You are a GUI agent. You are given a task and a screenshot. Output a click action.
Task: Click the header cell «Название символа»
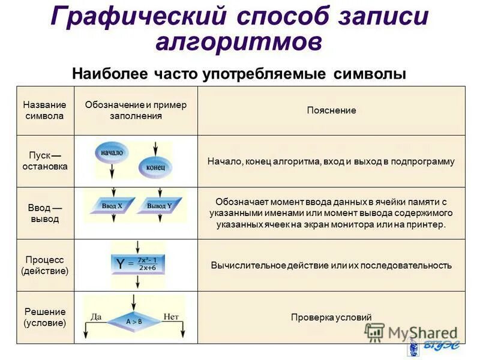[x=45, y=110]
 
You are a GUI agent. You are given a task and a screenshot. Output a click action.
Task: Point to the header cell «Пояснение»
[x=331, y=110]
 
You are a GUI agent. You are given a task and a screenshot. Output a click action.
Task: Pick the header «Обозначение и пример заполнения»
[x=136, y=110]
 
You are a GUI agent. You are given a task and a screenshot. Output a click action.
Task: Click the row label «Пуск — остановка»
[x=45, y=161]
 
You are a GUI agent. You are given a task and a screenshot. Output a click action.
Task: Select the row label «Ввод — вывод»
[x=45, y=213]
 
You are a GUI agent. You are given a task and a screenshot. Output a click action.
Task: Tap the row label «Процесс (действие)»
[x=45, y=265]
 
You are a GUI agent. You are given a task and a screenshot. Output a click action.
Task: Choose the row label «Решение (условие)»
[x=45, y=317]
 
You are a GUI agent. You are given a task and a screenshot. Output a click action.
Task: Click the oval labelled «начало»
[x=112, y=153]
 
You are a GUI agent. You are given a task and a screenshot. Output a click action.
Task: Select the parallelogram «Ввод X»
[x=112, y=206]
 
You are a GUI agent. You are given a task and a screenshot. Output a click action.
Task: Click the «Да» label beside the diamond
[x=96, y=316]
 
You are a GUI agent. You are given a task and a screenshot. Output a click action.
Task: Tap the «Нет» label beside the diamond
[x=171, y=316]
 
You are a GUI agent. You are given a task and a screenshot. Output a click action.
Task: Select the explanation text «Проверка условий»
[x=331, y=317]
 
